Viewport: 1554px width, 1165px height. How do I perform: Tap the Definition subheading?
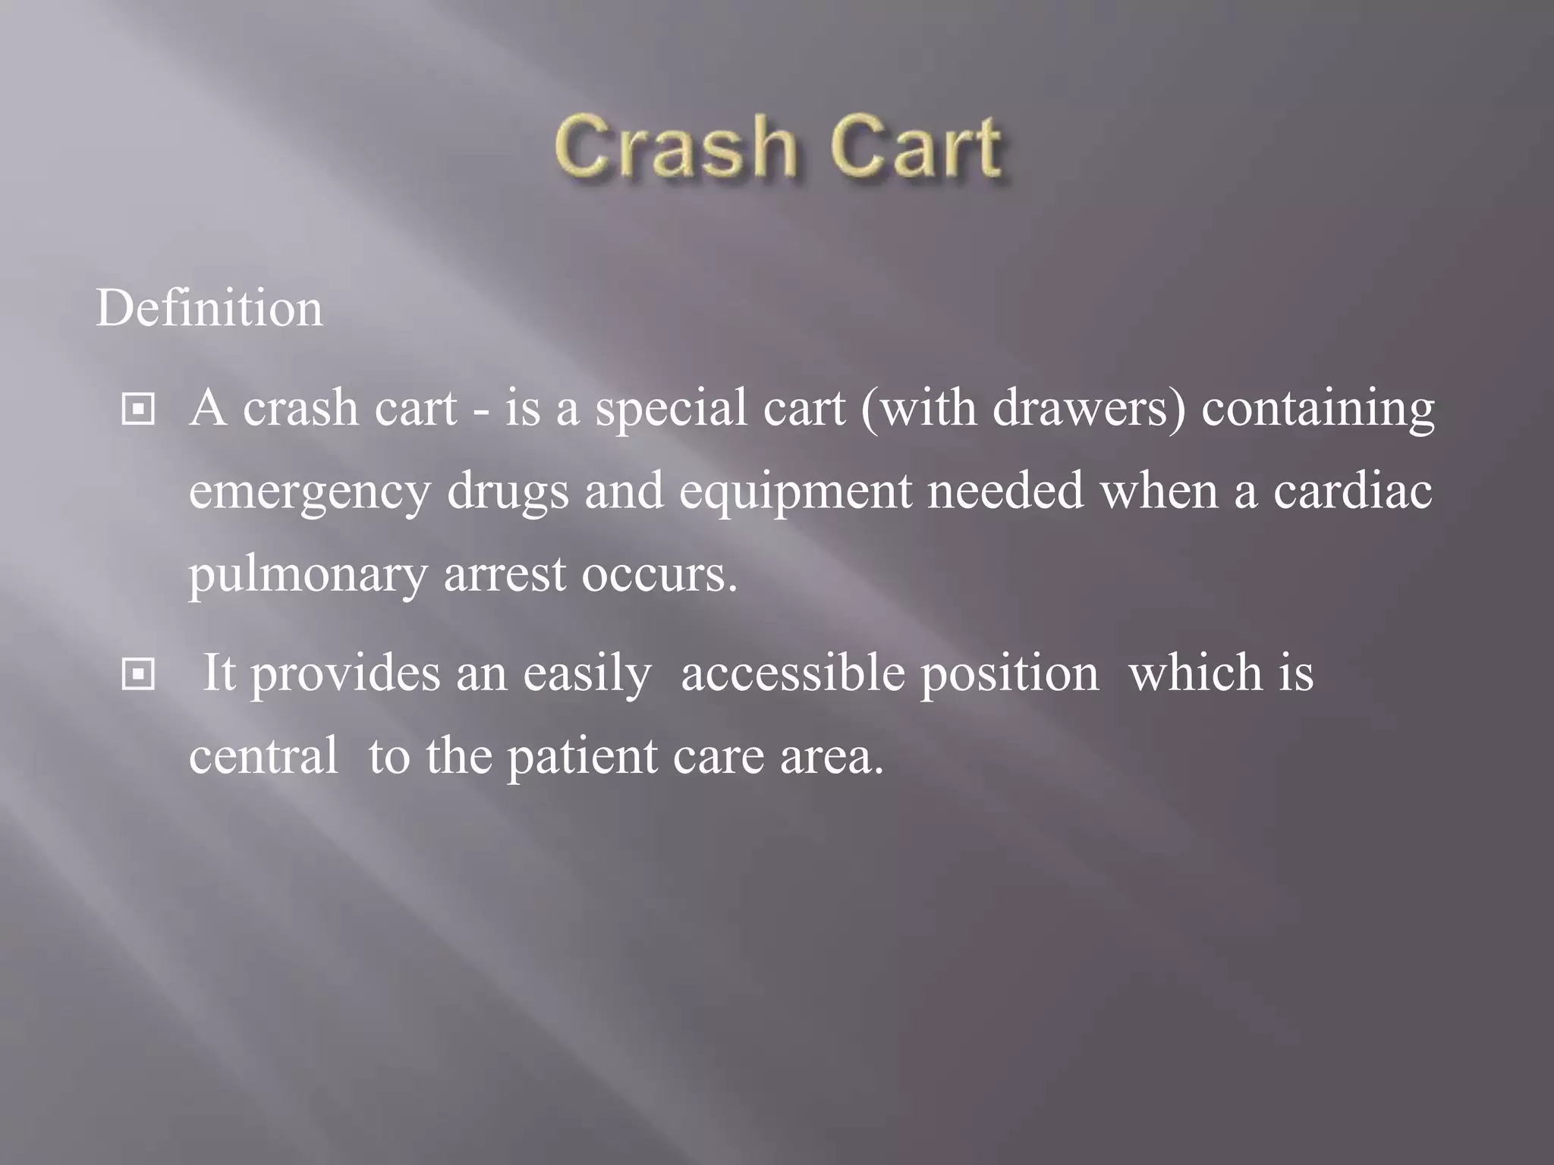pos(209,309)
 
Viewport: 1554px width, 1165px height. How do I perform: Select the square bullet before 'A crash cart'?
pos(138,410)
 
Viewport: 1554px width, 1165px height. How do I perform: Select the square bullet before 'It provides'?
pos(138,674)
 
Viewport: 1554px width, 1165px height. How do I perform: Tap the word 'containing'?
pos(1318,409)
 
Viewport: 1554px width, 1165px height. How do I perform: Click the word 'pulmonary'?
pos(308,576)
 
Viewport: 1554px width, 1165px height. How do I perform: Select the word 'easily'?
pos(587,674)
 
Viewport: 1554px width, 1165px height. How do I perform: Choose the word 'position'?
pos(1009,674)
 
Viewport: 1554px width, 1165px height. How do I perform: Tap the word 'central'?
pos(263,756)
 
